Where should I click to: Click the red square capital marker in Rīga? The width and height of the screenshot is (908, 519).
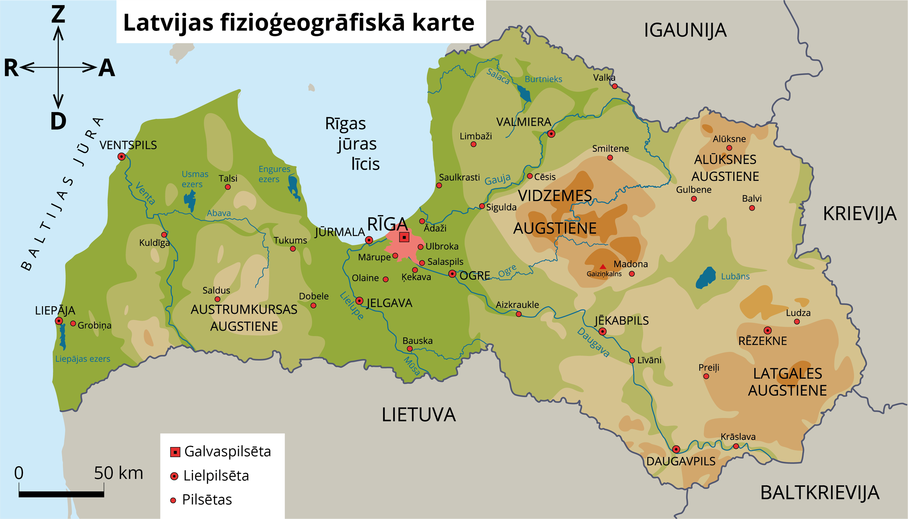click(x=404, y=237)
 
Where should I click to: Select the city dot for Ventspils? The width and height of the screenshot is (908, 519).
click(x=122, y=156)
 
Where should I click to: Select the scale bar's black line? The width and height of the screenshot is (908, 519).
click(x=61, y=494)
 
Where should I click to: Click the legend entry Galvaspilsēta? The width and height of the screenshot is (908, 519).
click(x=227, y=452)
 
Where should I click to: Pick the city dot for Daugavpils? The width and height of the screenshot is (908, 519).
click(x=676, y=449)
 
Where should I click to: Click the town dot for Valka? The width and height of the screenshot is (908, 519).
click(x=615, y=86)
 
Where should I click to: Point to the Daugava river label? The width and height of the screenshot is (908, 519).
click(x=593, y=342)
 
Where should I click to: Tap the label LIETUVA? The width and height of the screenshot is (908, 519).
click(x=419, y=415)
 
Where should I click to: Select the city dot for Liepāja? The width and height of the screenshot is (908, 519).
click(x=59, y=321)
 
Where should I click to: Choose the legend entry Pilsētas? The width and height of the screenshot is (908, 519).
click(x=207, y=500)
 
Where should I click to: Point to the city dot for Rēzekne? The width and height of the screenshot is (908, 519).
click(x=768, y=331)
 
